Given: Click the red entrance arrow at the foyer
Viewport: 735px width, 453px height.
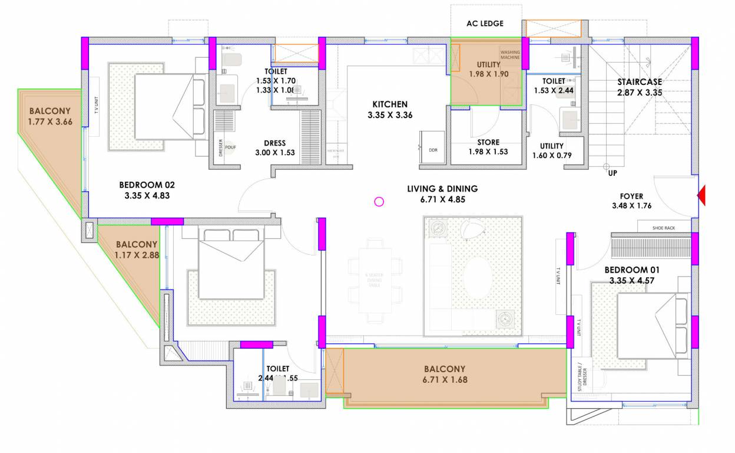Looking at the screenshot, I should point(701,196).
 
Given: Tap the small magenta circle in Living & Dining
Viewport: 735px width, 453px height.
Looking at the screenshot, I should point(379,202).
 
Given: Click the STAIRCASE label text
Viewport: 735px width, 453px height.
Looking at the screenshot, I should point(640,82).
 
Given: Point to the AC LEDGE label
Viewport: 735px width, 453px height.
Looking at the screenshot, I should point(485,24).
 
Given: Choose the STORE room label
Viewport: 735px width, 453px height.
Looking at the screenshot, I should point(488,142).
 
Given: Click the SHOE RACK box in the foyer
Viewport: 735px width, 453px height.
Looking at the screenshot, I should point(664,228).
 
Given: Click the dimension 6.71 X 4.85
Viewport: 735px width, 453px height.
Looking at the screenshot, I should point(442,199).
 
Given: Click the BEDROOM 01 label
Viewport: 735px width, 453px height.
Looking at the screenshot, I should point(632,270).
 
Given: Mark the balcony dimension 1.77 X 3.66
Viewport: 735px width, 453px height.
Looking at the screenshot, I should point(49,122).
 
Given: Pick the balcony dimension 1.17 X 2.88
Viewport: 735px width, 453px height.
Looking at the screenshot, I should point(137,255).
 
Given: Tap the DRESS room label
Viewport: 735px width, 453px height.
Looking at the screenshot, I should point(274,143).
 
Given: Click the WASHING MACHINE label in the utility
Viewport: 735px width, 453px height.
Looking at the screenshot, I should point(510,55).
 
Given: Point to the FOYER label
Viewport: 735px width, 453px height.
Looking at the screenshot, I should point(631,196).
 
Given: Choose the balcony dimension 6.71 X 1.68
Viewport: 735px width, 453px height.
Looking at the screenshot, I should point(445,379).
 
